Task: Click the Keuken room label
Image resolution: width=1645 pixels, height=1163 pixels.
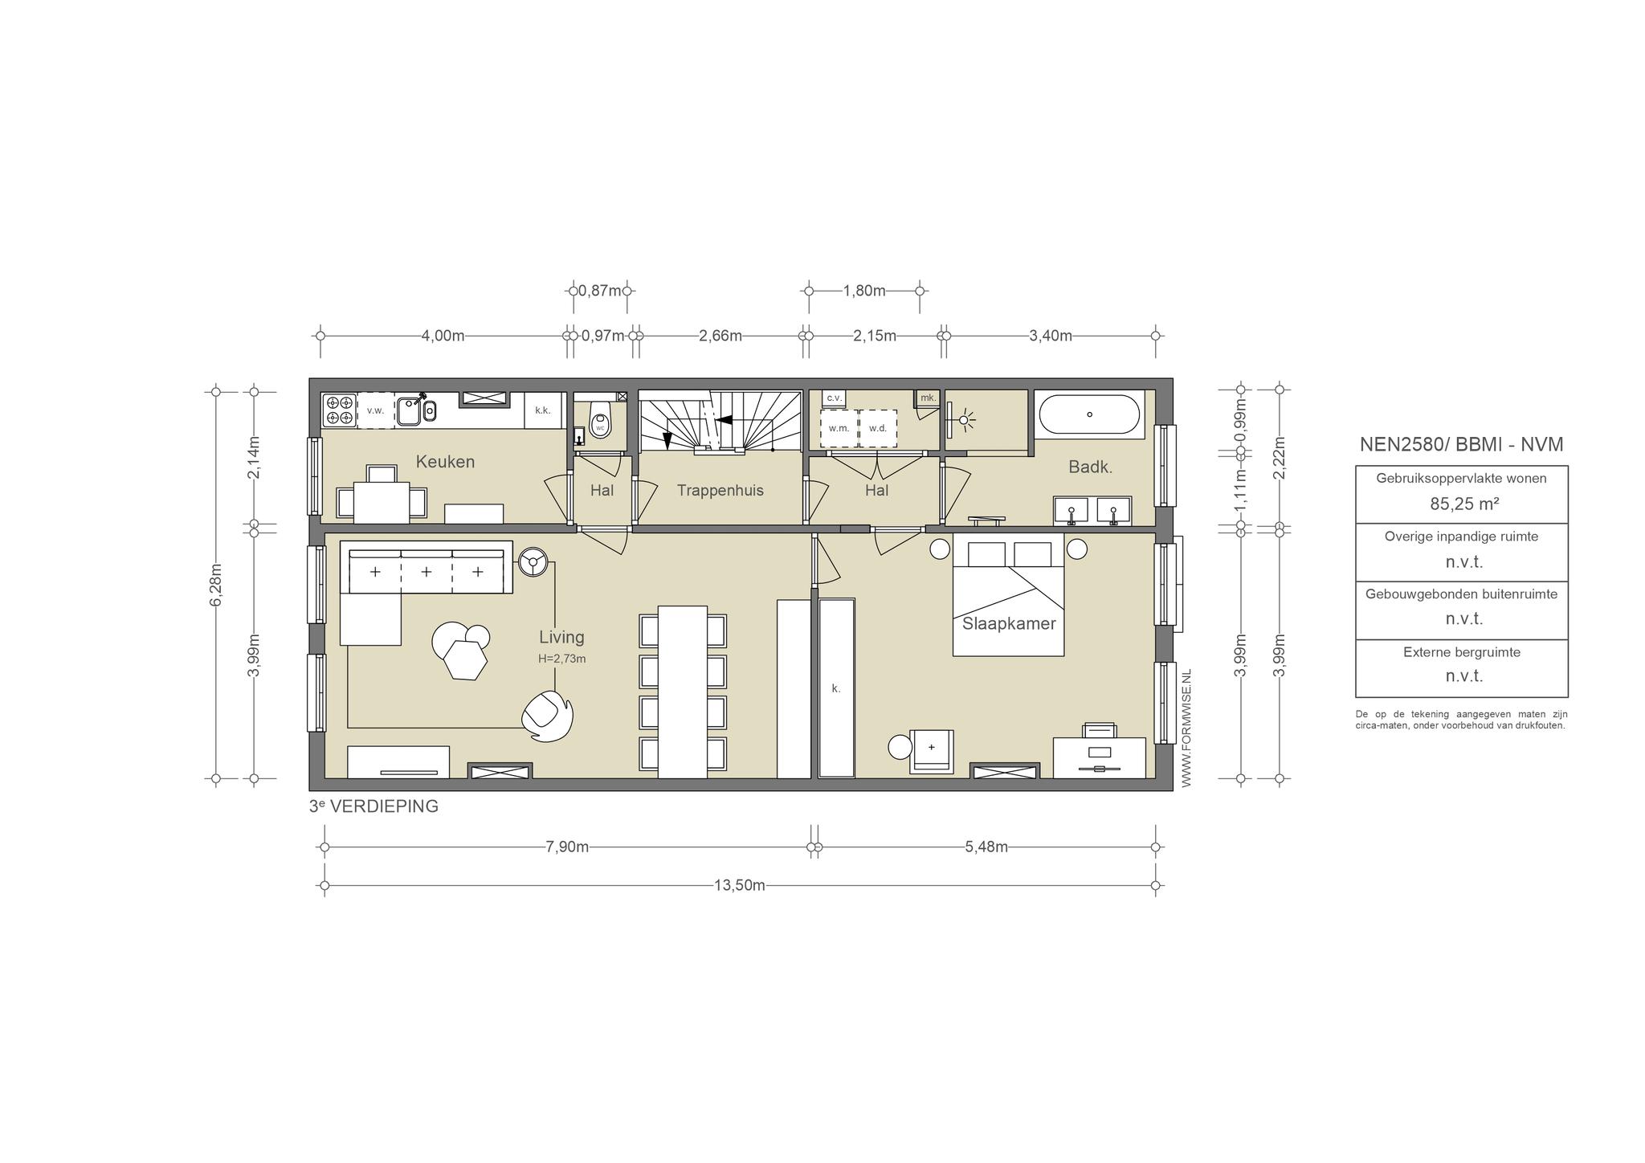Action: [445, 462]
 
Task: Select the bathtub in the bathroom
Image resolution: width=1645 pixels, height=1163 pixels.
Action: [1089, 414]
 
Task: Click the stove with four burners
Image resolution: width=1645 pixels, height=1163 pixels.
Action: [339, 410]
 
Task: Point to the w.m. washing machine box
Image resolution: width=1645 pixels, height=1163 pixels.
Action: [839, 428]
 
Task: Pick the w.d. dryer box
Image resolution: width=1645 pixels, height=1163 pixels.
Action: [878, 428]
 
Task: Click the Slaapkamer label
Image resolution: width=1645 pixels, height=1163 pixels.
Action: [1009, 624]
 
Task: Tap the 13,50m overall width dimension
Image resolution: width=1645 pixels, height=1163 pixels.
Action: [740, 886]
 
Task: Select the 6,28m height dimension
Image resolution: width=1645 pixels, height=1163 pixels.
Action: [215, 585]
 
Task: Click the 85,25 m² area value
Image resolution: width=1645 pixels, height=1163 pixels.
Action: [1461, 504]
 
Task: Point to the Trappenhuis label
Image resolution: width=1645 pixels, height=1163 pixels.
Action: [720, 490]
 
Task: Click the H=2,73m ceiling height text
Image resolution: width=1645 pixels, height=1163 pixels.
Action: [562, 659]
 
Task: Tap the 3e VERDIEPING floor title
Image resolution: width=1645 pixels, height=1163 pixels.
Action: [374, 806]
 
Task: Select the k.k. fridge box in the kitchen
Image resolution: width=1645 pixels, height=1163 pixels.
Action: [543, 410]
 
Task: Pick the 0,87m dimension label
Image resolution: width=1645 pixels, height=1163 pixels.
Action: [600, 291]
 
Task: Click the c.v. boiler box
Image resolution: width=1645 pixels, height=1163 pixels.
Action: [834, 398]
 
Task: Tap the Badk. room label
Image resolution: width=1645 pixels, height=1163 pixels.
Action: [1090, 467]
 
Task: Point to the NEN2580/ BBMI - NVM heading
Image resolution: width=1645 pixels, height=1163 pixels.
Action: [1461, 444]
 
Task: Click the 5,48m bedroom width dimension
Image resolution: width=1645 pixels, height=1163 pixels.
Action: [986, 847]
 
